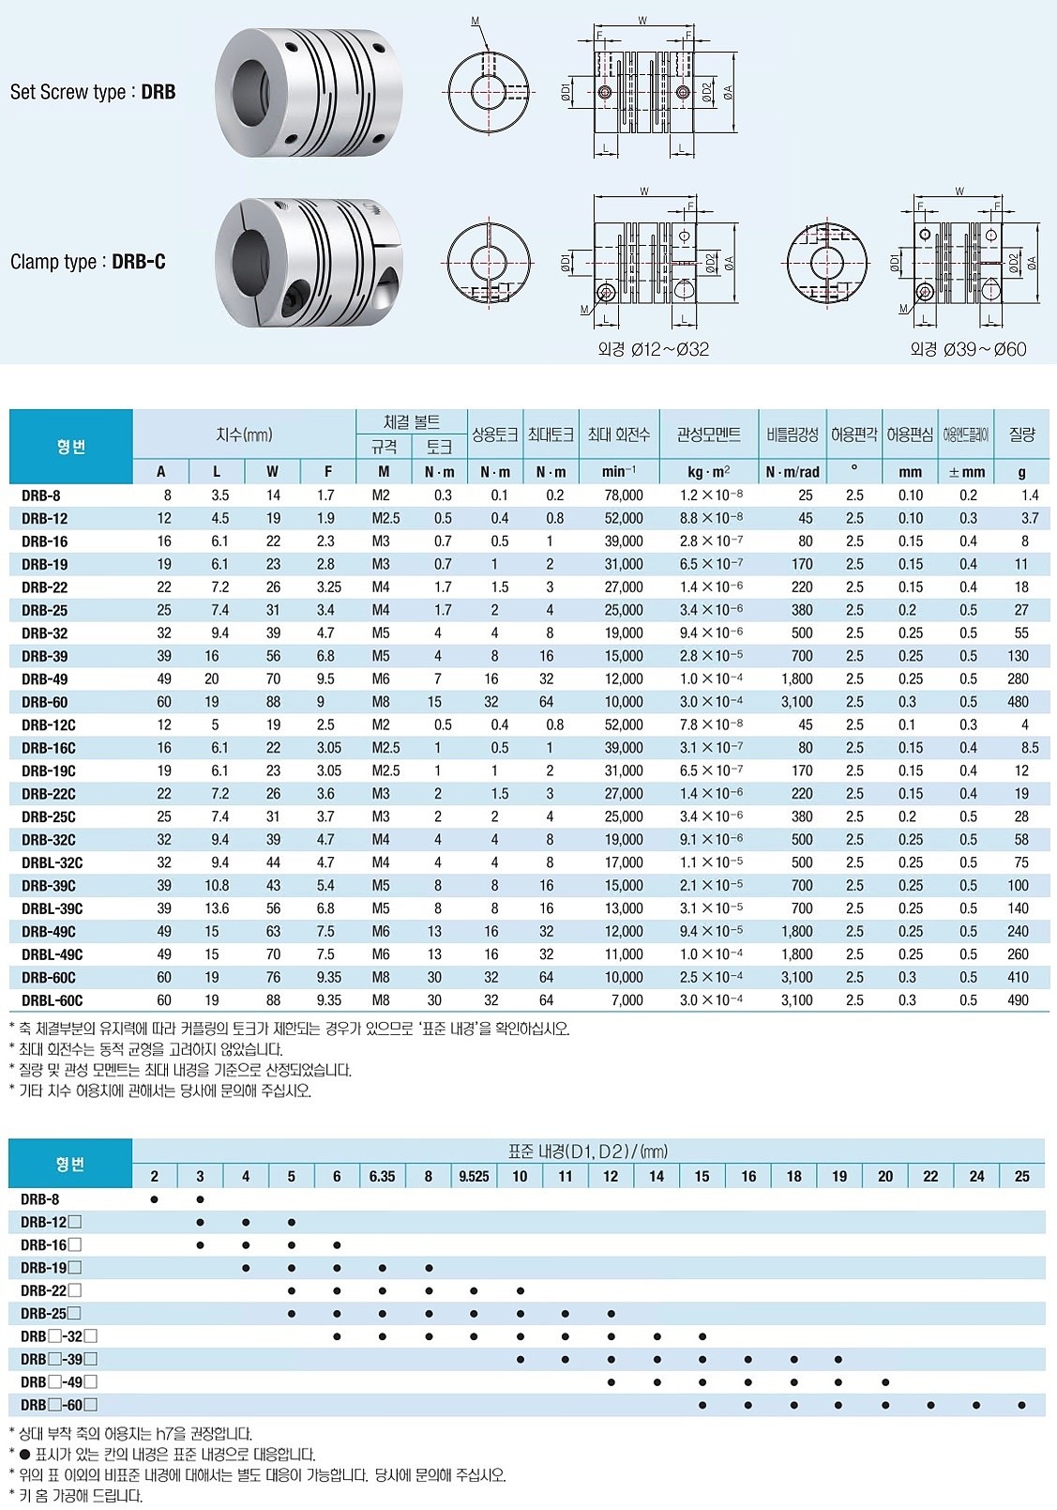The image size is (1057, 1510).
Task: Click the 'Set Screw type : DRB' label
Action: point(92,92)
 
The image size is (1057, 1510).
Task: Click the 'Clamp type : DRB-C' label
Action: point(87,262)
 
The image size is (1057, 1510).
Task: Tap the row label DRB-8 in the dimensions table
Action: point(40,496)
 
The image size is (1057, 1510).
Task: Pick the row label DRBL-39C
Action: point(52,908)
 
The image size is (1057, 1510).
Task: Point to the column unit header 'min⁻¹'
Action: point(618,472)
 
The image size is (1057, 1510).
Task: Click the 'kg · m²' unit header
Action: point(708,472)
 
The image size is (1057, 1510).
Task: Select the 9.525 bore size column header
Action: point(474,1177)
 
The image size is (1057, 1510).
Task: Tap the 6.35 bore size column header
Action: point(382,1177)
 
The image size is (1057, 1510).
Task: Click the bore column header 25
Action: point(1021,1177)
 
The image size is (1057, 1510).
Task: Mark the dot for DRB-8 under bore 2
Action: point(155,1199)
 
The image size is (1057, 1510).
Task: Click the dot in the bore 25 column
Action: point(1021,1406)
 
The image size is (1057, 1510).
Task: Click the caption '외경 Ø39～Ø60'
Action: point(968,349)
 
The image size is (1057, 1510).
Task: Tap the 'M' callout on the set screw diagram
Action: point(475,21)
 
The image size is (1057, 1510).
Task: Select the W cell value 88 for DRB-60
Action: point(272,702)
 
